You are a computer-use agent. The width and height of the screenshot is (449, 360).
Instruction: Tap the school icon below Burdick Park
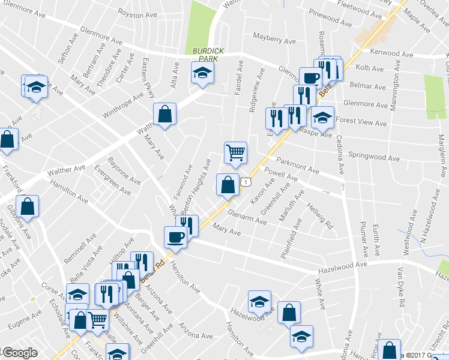tap(203, 74)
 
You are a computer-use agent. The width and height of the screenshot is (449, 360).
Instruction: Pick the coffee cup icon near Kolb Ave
tap(310, 78)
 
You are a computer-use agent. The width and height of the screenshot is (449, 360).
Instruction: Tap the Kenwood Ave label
tap(392, 53)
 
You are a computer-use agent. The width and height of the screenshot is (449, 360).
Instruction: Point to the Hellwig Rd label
tap(320, 218)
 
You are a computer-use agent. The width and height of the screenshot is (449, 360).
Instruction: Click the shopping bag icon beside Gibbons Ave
tap(28, 206)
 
